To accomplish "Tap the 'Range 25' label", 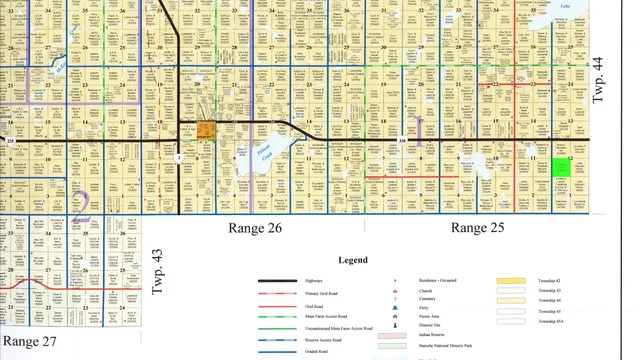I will (x=483, y=228).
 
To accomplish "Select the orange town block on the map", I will (x=207, y=129).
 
